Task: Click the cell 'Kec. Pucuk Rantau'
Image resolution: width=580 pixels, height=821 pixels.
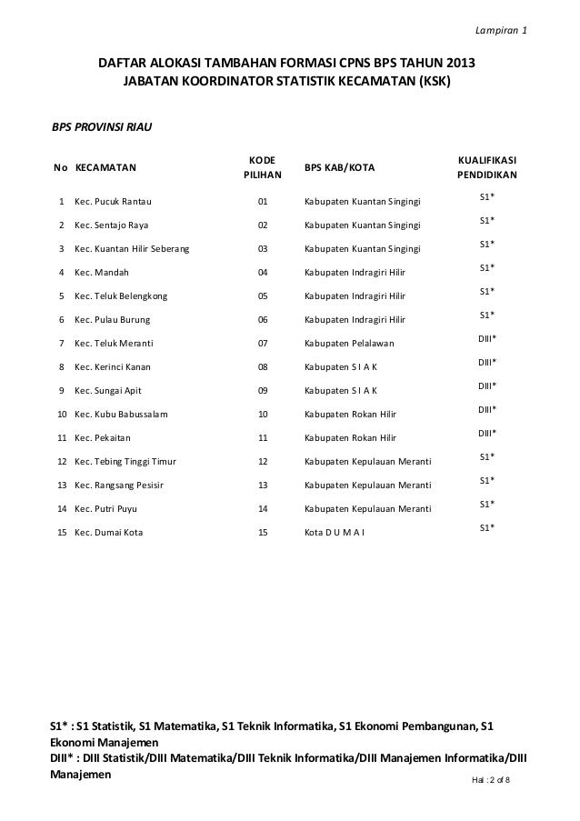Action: pos(114,202)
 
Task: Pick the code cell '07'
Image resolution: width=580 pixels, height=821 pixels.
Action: pos(264,344)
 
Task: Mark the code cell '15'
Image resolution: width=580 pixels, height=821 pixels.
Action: pos(264,533)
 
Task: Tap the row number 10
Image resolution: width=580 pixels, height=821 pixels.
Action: pos(61,415)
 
